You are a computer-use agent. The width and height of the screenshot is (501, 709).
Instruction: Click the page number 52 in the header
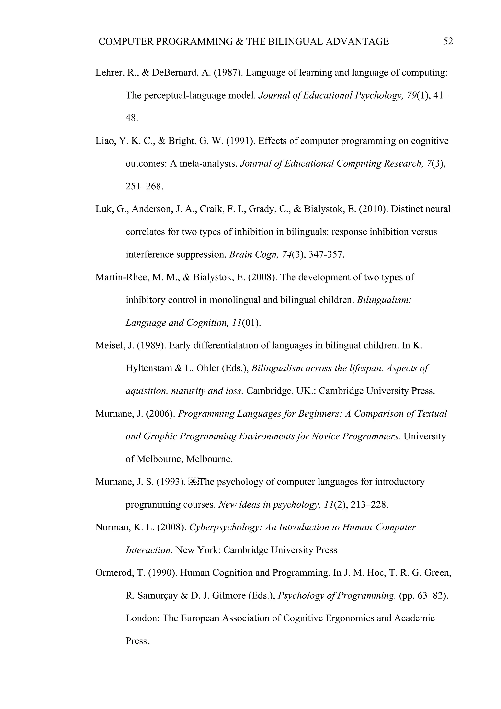(x=448, y=41)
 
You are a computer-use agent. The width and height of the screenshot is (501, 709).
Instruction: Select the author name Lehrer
(x=109, y=73)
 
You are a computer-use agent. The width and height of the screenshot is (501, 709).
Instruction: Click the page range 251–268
(x=144, y=186)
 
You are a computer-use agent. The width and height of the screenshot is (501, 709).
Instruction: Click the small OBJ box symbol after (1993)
(x=193, y=482)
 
